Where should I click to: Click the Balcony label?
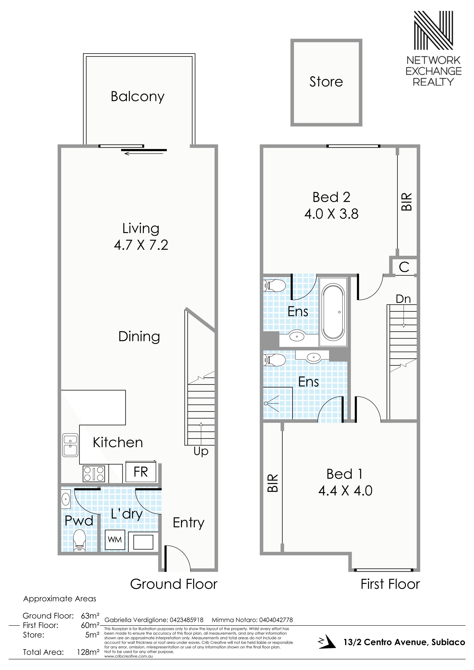click(138, 97)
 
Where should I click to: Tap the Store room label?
click(326, 82)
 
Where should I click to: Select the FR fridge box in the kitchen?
click(141, 472)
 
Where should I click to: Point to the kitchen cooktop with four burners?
click(94, 474)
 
